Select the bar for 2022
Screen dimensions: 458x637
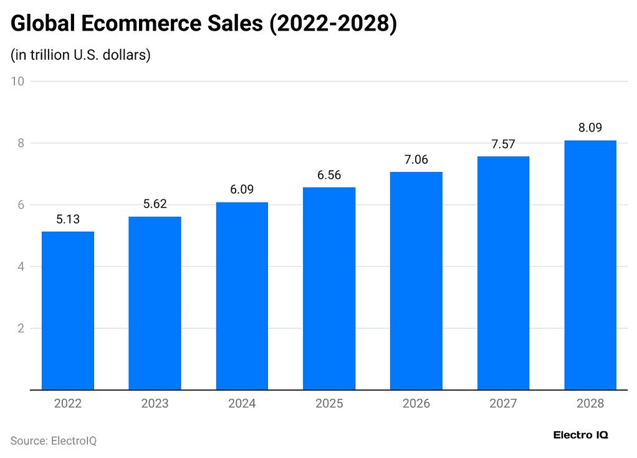pyautogui.click(x=68, y=310)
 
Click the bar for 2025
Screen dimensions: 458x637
pyautogui.click(x=329, y=289)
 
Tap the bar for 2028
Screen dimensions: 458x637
pyautogui.click(x=590, y=265)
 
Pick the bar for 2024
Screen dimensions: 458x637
pyautogui.click(x=242, y=296)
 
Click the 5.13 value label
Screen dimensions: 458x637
pyautogui.click(x=68, y=219)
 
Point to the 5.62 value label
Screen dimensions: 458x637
pyautogui.click(x=155, y=204)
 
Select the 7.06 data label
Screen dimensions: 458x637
pyautogui.click(x=416, y=160)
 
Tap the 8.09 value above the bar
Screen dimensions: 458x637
pyautogui.click(x=590, y=128)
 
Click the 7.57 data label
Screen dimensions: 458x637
pyautogui.click(x=503, y=145)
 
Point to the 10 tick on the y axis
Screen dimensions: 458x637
pyautogui.click(x=17, y=82)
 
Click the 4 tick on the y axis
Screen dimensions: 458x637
pyautogui.click(x=21, y=267)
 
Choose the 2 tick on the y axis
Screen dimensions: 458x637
pyautogui.click(x=21, y=328)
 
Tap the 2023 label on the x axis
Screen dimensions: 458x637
pyautogui.click(x=155, y=404)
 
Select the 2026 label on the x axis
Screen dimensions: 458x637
pyautogui.click(x=416, y=404)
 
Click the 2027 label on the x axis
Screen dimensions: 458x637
pyautogui.click(x=503, y=404)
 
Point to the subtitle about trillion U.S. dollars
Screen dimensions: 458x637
pyautogui.click(x=81, y=55)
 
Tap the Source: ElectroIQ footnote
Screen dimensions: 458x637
pyautogui.click(x=54, y=441)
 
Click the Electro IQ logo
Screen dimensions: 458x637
pyautogui.click(x=580, y=435)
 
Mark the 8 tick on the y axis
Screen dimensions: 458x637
pyautogui.click(x=21, y=143)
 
